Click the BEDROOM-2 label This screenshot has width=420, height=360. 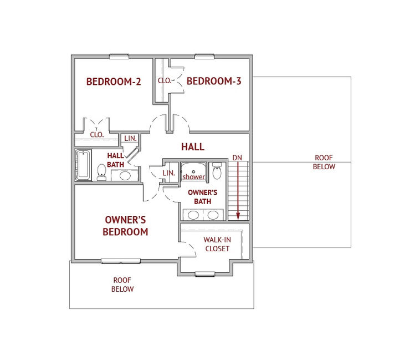click(114, 82)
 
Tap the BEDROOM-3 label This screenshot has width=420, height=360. click(214, 81)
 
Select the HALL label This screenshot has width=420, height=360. click(193, 146)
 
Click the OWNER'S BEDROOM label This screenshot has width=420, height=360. click(125, 226)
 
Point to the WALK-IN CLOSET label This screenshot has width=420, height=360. click(217, 244)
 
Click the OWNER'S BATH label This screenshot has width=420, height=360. click(202, 197)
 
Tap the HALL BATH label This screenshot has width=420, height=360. click(115, 160)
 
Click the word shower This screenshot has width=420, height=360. click(194, 177)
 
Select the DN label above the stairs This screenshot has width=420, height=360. click(237, 158)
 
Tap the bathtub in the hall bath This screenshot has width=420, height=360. click(83, 165)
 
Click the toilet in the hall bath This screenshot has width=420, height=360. click(101, 172)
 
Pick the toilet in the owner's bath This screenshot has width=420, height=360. click(217, 170)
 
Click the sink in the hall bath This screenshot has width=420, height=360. click(125, 176)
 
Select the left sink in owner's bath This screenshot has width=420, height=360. click(193, 215)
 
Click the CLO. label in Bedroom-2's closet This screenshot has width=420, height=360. click(97, 135)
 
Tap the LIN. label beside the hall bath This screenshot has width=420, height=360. click(130, 138)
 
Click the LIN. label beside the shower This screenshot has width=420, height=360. click(169, 173)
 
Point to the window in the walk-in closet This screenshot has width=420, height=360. click(205, 273)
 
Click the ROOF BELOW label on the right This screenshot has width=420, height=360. click(324, 162)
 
